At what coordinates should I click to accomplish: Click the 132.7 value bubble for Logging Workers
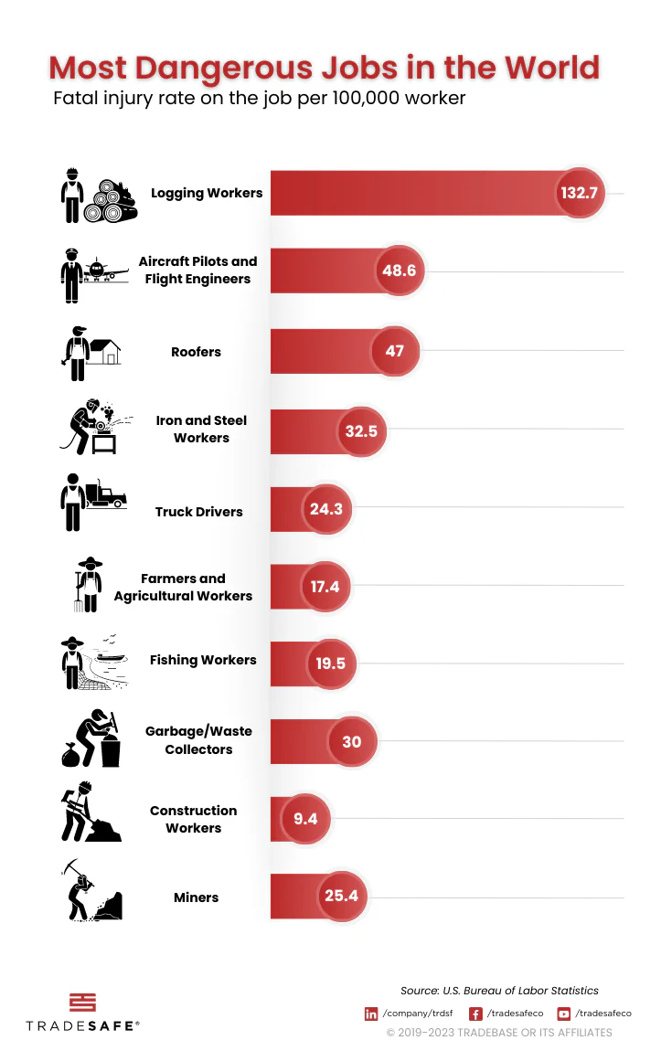click(x=579, y=194)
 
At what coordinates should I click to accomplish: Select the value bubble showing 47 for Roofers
click(x=394, y=350)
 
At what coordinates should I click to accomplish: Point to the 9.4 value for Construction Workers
click(x=305, y=819)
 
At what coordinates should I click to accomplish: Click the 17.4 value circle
click(x=325, y=587)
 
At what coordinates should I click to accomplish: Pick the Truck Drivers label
click(x=198, y=512)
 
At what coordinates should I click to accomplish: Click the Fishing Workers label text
click(x=203, y=660)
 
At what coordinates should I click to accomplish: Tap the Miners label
click(x=196, y=897)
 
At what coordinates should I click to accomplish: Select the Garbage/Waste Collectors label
click(x=198, y=740)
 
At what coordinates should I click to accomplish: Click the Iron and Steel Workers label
click(x=201, y=430)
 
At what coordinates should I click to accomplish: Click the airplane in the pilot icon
click(x=105, y=271)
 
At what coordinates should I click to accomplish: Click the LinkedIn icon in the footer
click(x=371, y=1014)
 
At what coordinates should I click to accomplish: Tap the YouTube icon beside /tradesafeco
click(x=564, y=1014)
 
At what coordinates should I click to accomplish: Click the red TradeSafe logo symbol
click(x=81, y=1002)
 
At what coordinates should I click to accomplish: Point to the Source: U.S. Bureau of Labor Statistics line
click(x=499, y=991)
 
